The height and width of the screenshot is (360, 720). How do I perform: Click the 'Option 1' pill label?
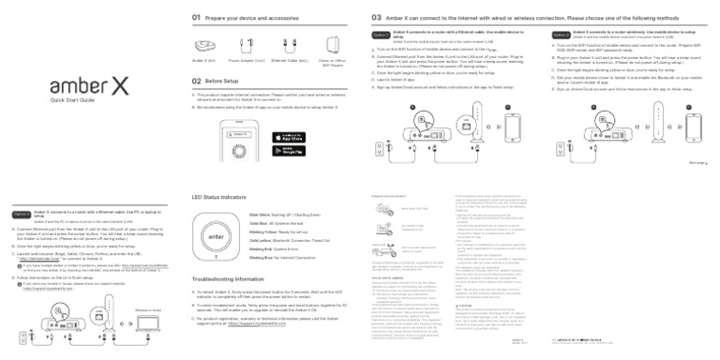click(380, 35)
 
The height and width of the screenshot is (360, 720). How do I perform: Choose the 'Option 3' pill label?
click(21, 215)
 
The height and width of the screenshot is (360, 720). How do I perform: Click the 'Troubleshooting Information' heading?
click(235, 280)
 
